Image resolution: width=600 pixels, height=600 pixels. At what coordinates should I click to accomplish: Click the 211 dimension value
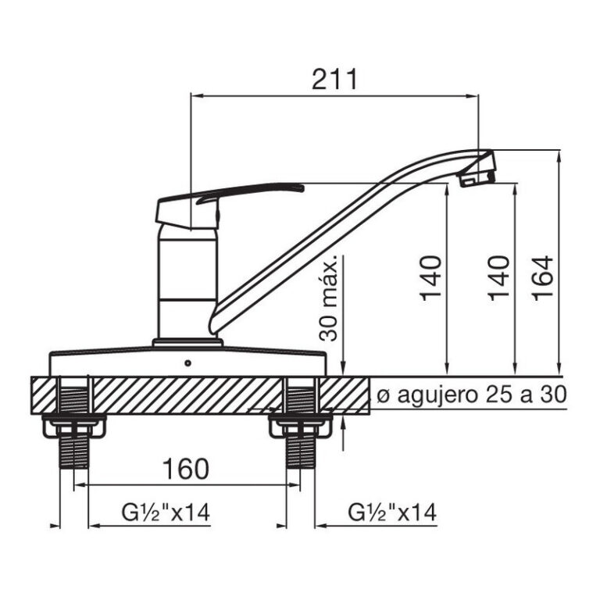tap(334, 79)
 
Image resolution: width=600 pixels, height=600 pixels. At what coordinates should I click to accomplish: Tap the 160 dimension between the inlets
tap(186, 469)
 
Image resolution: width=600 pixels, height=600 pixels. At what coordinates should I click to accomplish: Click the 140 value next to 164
tap(500, 277)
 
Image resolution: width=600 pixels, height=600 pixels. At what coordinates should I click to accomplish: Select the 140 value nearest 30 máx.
tap(431, 277)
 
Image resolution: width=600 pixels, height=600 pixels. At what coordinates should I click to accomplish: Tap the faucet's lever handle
tap(234, 195)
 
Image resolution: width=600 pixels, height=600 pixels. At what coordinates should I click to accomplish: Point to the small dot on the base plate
tap(187, 363)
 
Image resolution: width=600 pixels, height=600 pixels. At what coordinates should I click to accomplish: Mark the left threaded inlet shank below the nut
tap(74, 453)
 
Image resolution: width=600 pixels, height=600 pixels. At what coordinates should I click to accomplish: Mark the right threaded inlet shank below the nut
tap(299, 453)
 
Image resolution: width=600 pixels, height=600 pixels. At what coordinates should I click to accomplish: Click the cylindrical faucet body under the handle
tap(187, 281)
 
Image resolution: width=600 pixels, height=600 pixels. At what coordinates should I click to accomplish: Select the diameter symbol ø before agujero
tap(382, 395)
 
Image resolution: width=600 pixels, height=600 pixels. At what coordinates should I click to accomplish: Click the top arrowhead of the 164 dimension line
tap(560, 156)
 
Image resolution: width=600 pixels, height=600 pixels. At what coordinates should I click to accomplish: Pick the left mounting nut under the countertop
tap(74, 427)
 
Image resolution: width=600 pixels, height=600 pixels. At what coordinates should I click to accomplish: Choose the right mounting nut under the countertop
tap(299, 427)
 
